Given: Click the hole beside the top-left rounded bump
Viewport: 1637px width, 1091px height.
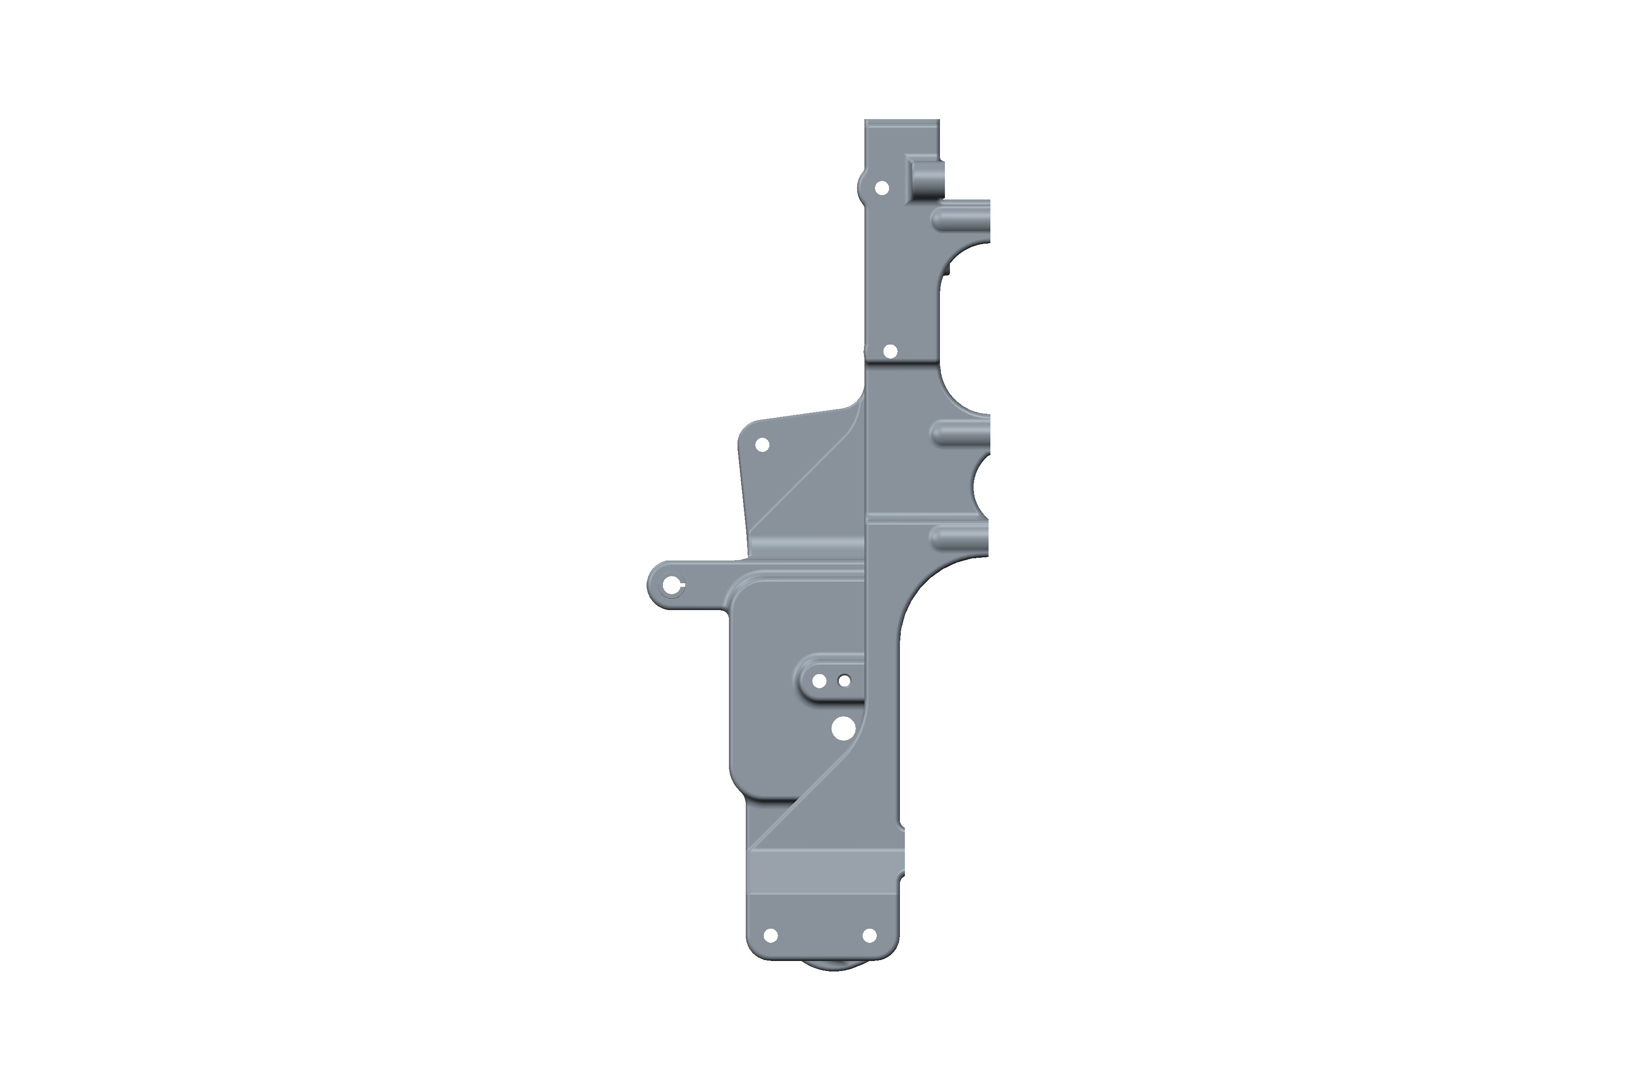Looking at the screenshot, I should [x=881, y=188].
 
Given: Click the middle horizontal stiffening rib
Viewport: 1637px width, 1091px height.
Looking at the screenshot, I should [x=960, y=433].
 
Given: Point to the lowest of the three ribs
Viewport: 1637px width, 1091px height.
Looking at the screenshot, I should [x=959, y=536].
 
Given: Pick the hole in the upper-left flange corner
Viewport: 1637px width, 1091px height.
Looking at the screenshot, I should [x=762, y=445].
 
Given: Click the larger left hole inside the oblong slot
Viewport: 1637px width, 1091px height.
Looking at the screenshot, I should [x=819, y=681].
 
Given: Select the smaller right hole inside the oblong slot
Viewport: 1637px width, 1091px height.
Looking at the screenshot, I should [x=844, y=681].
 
